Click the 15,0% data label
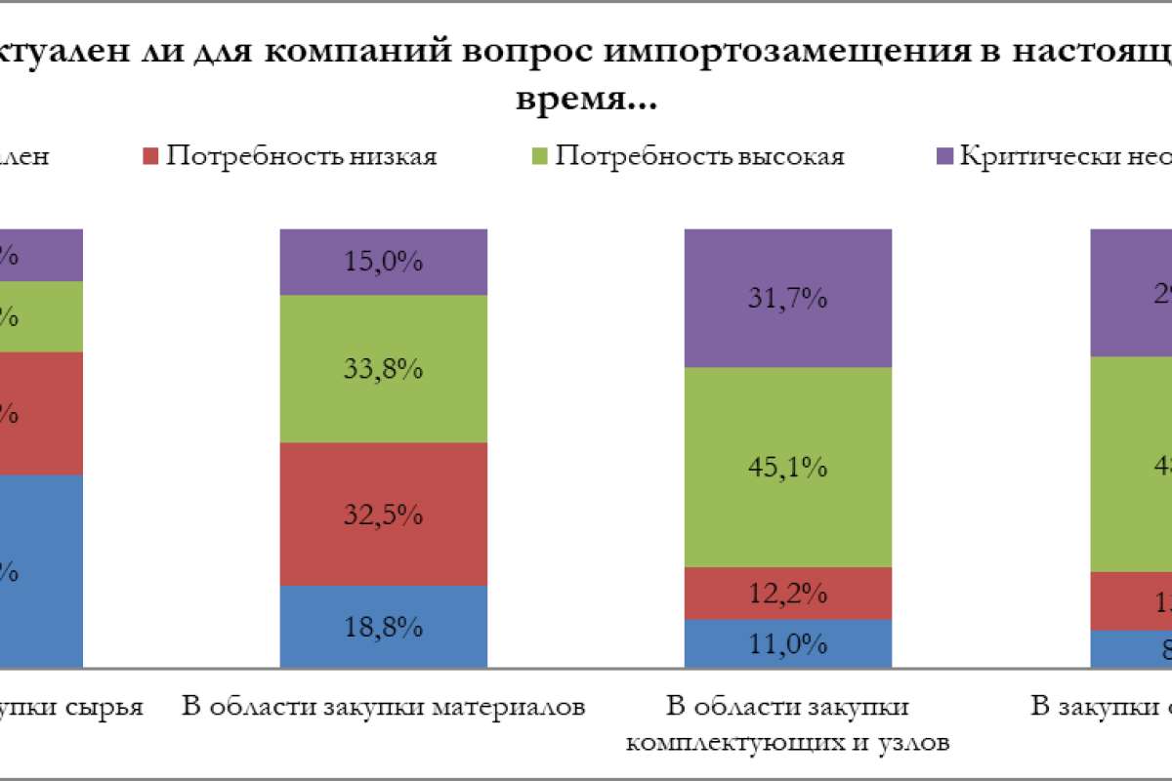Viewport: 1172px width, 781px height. (383, 262)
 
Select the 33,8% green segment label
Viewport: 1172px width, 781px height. (383, 369)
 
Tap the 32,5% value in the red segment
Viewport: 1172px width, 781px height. (383, 514)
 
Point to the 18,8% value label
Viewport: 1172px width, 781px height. (383, 626)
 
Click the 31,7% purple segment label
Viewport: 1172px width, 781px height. (788, 298)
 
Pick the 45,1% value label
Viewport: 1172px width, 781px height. (788, 468)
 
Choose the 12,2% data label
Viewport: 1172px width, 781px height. (788, 593)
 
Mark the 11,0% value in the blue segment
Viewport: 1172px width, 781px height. (788, 644)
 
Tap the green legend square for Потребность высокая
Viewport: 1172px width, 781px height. (540, 156)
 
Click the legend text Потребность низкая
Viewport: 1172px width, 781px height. (301, 156)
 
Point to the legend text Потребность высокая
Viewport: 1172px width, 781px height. (699, 156)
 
